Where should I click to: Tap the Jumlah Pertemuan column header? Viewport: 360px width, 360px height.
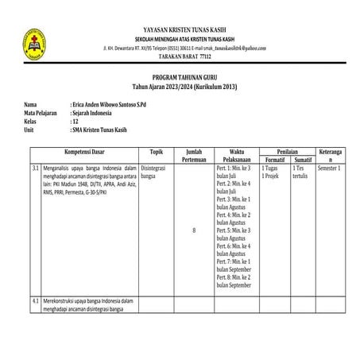point(195,154)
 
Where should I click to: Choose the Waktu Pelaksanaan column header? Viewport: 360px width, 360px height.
point(236,154)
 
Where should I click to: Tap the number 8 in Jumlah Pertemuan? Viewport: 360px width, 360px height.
point(195,230)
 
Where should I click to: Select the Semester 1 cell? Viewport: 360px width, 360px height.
point(329,168)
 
